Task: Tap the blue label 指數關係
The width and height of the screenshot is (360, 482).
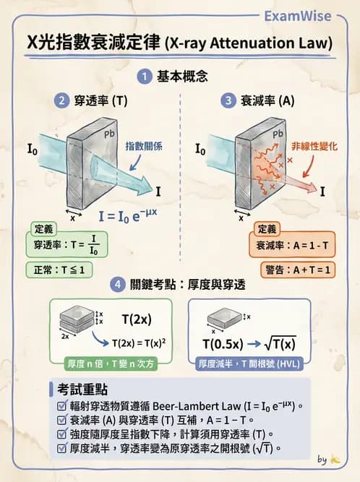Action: click(144, 145)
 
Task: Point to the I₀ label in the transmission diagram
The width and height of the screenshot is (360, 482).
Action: click(33, 150)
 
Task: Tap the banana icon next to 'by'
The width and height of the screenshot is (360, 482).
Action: click(335, 459)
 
